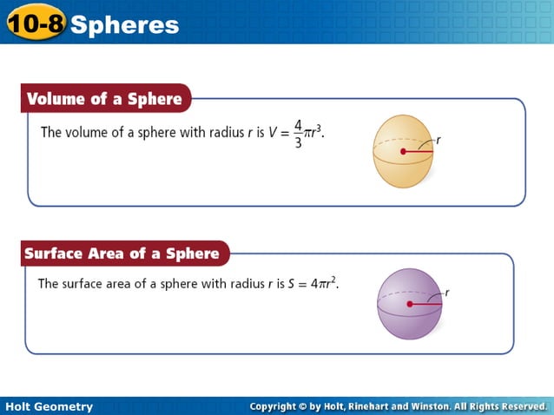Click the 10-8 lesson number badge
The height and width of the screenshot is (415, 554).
coord(35,23)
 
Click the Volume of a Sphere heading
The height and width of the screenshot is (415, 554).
coord(104,99)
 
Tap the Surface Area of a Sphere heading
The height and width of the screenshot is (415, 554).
coord(122,254)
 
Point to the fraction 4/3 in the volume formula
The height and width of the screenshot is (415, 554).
coord(298,134)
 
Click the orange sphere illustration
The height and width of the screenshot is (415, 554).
coord(403,152)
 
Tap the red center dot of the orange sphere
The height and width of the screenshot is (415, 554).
coord(404,152)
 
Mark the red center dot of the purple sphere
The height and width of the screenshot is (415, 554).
coord(410,304)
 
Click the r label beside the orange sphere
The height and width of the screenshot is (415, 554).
coord(439,139)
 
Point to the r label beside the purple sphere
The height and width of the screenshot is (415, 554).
coord(446,293)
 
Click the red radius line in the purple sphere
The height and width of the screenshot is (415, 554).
coord(425,304)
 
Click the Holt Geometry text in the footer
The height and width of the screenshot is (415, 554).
coord(49,406)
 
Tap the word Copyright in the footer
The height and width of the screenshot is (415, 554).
coord(280,406)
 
